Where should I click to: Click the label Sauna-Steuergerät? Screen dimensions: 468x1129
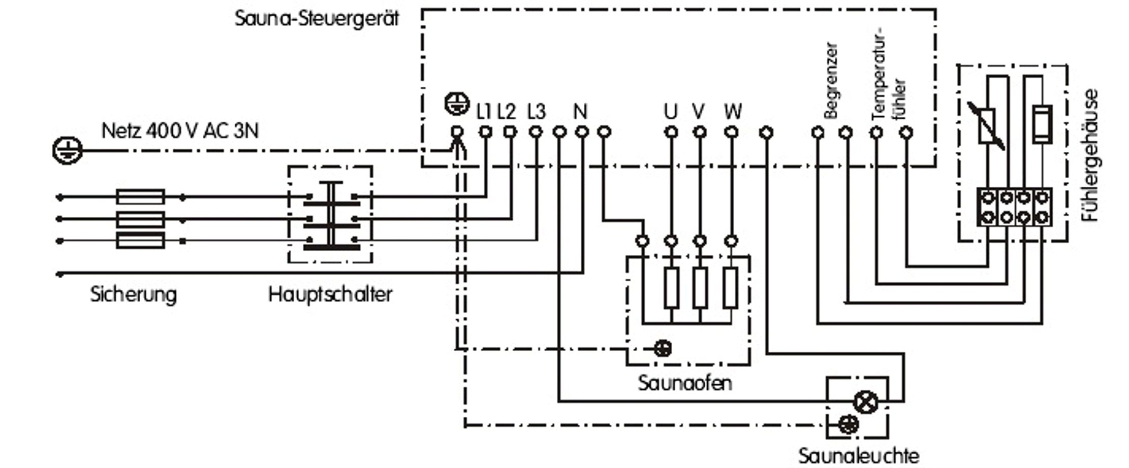coord(317,19)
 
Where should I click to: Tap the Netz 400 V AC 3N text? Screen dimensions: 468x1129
coord(180,131)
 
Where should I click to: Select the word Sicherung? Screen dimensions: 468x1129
coord(134,294)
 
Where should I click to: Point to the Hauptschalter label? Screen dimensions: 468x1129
coord(330,294)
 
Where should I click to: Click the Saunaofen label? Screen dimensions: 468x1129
coord(685,383)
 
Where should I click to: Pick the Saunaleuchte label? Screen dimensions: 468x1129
coord(858,456)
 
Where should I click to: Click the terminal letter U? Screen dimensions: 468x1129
coord(671,112)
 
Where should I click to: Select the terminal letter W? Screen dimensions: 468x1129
coord(733,112)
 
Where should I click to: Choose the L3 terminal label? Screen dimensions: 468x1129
coord(536,112)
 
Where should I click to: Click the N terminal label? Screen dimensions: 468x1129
coord(580,112)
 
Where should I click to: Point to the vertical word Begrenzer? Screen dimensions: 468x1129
coord(830,81)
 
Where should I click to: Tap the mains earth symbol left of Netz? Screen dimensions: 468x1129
coord(67,150)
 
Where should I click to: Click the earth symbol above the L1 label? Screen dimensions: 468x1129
coord(457,104)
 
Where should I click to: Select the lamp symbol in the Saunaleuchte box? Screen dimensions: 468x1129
coord(865,403)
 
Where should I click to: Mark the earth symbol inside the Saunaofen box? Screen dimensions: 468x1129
coord(662,348)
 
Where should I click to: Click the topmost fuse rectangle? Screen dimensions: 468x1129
coord(140,197)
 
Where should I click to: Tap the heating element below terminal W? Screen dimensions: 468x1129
coord(731,288)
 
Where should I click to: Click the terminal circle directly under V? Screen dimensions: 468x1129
coord(700,132)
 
